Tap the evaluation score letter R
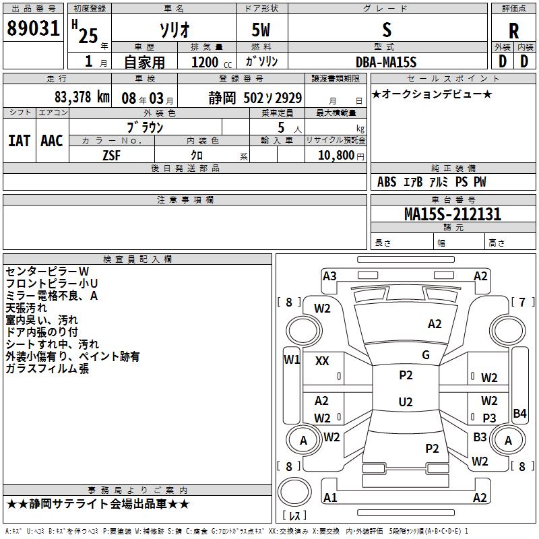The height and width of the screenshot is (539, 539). (513, 31)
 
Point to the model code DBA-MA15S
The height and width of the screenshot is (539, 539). (386, 62)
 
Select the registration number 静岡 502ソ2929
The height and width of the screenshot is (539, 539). (255, 97)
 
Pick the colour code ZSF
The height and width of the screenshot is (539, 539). (111, 155)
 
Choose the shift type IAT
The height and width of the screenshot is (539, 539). (19, 141)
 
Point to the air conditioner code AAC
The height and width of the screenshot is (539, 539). (52, 141)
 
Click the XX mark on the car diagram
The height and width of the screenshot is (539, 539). (322, 361)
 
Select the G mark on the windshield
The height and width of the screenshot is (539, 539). (425, 354)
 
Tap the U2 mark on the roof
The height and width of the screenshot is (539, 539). (406, 402)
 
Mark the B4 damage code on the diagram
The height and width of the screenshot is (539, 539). (519, 414)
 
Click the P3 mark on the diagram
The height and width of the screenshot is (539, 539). (489, 418)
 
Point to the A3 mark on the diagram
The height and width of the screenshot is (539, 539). (329, 276)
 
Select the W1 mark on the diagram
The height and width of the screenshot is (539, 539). (291, 359)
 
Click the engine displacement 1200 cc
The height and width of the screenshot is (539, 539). (210, 62)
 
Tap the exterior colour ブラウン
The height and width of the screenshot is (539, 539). (146, 127)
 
